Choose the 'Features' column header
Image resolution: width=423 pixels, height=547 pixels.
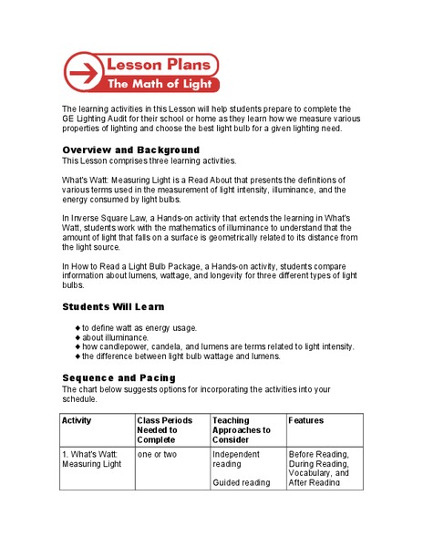tap(305, 420)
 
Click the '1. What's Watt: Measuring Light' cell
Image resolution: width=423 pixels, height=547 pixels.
tap(91, 459)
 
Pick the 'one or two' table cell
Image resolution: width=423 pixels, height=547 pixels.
tap(158, 453)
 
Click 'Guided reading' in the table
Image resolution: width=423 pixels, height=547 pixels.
tap(242, 482)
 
